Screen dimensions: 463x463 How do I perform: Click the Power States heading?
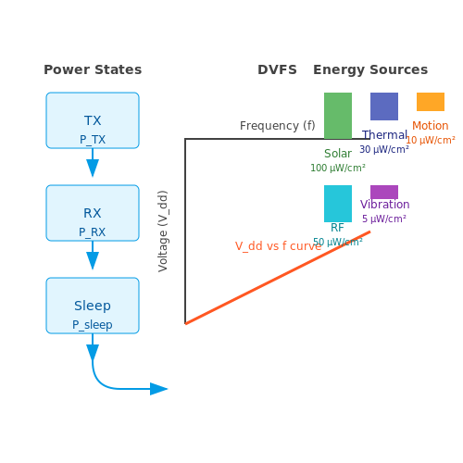tap(93, 69)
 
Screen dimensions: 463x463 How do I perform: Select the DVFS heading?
tap(277, 69)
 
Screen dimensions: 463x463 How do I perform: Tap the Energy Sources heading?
tap(370, 69)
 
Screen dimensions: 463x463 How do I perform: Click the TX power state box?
tap(93, 120)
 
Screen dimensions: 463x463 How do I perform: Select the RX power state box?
tap(93, 213)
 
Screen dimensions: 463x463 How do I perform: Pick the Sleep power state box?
tap(93, 306)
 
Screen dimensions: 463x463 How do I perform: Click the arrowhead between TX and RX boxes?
tap(93, 168)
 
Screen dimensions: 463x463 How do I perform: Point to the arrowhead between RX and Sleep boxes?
tap(93, 260)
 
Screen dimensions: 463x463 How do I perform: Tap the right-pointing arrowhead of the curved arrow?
tap(158, 389)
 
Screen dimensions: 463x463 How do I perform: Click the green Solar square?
tap(338, 116)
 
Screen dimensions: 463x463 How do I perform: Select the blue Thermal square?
tap(384, 106)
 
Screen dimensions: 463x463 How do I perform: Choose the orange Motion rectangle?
tap(431, 102)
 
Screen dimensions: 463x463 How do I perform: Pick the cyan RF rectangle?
tap(338, 204)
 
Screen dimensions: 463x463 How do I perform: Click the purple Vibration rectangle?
tap(384, 192)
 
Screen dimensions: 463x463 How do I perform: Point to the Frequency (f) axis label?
tap(278, 126)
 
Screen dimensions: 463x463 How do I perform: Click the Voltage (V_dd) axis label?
tap(163, 231)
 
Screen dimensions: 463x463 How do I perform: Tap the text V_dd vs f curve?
tap(278, 246)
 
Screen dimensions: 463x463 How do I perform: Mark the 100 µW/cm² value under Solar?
tap(338, 168)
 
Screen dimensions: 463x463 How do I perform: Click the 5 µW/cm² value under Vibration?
tap(384, 219)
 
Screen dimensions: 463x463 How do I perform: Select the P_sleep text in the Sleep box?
tap(93, 325)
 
